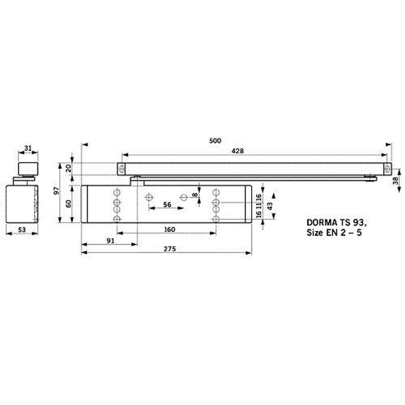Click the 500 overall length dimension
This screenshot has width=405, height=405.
[x=215, y=141]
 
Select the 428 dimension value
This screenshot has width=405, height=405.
[x=238, y=151]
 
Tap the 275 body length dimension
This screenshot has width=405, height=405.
[x=170, y=249]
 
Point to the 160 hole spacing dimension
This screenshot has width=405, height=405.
[x=170, y=230]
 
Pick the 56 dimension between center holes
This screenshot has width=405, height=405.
[x=167, y=205]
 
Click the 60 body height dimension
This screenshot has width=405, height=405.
[x=68, y=203]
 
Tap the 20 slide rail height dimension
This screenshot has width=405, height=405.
[x=68, y=168]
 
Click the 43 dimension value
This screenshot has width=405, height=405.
[x=269, y=205]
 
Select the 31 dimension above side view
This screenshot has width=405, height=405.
[x=28, y=148]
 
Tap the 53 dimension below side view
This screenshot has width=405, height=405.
[x=22, y=230]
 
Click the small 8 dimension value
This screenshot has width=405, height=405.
[x=195, y=195]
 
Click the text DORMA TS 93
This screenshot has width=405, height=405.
[x=336, y=222]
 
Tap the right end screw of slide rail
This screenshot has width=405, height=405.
[x=387, y=169]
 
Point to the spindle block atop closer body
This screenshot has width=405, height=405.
[x=137, y=181]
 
